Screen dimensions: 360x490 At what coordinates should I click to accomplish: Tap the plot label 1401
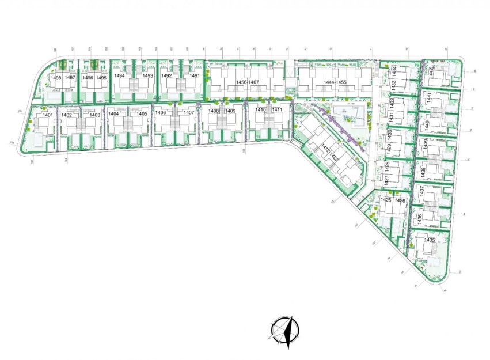pos(48,115)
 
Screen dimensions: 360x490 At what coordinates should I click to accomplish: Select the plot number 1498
pos(56,78)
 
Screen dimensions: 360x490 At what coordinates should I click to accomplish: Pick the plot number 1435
pos(430,240)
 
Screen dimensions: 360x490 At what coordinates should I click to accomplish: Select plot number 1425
pos(385,200)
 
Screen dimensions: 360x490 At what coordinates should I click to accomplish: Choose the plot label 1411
pos(277,110)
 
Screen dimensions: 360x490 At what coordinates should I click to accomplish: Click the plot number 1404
pos(113,114)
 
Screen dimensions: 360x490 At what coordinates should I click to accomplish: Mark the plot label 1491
pos(194,76)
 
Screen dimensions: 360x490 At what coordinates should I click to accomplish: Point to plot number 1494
pos(119,76)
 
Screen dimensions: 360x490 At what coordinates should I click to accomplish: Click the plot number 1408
pos(214,111)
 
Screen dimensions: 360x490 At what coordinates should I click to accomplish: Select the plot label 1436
pos(420,219)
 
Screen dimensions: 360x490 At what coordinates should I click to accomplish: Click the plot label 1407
pos(189,113)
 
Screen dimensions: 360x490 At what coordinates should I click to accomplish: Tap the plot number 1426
pos(400,200)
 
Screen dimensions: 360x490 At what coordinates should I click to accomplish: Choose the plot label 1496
pos(88,78)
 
